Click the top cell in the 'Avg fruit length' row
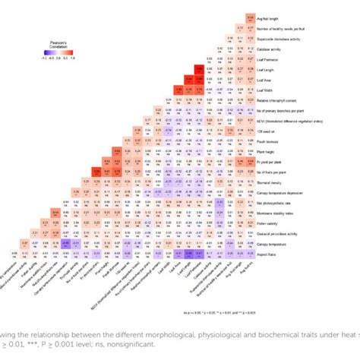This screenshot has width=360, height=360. [x=250, y=17]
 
